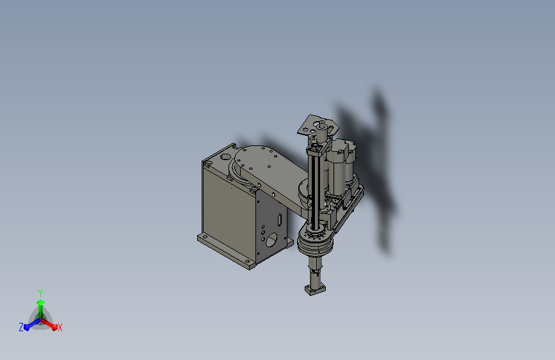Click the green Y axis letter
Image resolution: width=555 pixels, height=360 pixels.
click(40, 291)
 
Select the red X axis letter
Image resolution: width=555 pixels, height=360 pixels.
click(60, 327)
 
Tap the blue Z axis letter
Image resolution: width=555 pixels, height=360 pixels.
click(21, 327)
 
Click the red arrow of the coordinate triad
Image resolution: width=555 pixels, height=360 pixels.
click(51, 323)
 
